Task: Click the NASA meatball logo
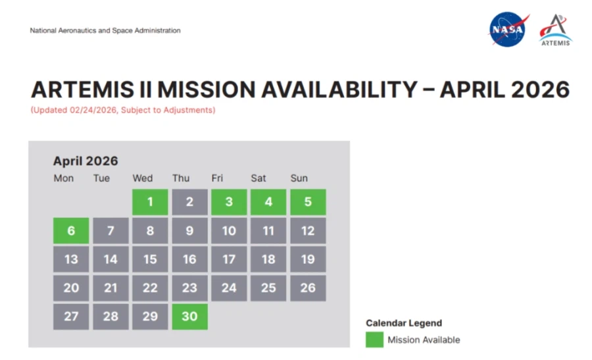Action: pos(507,30)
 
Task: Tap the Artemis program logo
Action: pos(555,30)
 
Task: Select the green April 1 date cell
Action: pos(150,202)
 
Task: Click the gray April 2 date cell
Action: pos(189,202)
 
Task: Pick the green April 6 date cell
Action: pos(71,230)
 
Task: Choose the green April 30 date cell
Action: pos(189,317)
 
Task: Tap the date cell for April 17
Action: pos(229,259)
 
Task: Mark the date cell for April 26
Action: pos(308,288)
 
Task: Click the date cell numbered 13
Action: pos(71,259)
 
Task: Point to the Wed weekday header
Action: pos(142,178)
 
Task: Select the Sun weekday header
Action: pos(299,178)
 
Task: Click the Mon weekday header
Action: pos(63,178)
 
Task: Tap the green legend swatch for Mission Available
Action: pos(374,340)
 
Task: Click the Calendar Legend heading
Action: pos(404,323)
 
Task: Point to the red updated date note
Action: pos(123,110)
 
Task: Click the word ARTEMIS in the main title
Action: pos(83,90)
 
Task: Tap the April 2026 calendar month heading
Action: pos(86,161)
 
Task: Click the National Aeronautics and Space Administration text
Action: pos(105,30)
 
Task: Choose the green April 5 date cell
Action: pos(308,202)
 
